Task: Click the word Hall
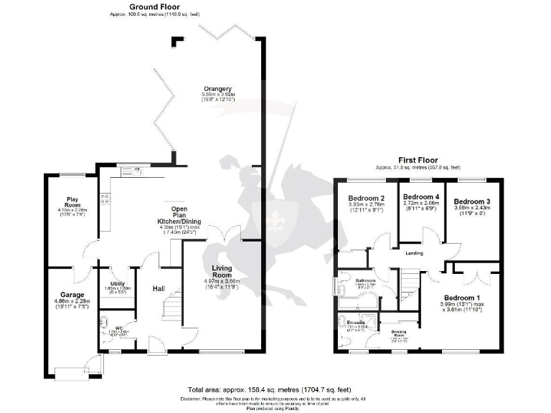point(159,289)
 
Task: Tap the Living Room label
point(222,272)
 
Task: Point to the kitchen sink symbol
point(131,171)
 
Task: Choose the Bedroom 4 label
point(421,196)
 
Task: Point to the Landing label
point(414,253)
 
